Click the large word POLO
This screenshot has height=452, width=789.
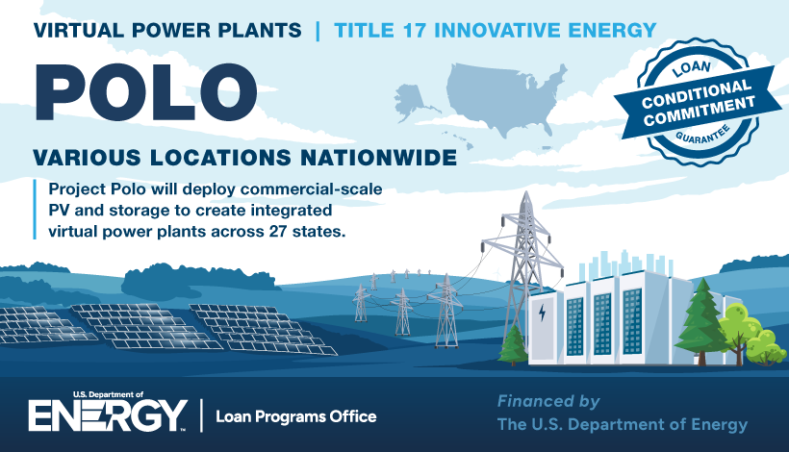point(145,91)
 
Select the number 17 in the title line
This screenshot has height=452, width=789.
point(415,30)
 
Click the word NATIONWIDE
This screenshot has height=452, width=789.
point(378,158)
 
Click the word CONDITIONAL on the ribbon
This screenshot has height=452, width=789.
point(695,93)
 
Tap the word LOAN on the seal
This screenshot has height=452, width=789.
point(692,68)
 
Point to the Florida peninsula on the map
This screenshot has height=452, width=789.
point(546,127)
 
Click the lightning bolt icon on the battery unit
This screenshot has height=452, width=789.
point(542,313)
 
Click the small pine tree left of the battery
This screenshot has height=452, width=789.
point(513,345)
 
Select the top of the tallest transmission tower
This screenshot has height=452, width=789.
point(526,193)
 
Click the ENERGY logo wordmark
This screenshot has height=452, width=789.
point(108,415)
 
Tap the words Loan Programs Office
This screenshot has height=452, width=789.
point(296,416)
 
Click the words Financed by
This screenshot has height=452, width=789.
point(548,401)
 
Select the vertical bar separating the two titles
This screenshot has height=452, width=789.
point(318,30)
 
